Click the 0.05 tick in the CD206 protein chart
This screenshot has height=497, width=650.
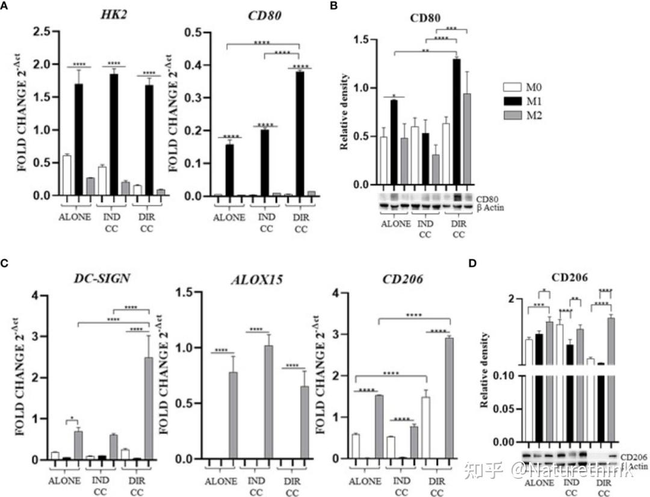coord(507,409)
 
